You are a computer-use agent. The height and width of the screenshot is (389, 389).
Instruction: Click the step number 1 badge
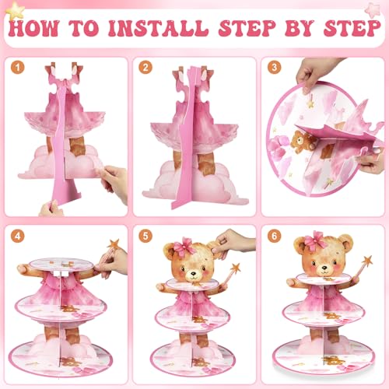(17, 68)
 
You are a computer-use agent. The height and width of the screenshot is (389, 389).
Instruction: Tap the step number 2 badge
(145, 68)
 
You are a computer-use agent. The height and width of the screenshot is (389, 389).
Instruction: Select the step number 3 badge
(274, 68)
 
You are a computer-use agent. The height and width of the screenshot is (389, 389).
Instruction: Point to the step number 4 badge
(17, 236)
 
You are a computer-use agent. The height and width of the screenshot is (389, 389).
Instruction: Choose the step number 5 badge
(145, 236)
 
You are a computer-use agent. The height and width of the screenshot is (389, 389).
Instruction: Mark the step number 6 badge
(274, 236)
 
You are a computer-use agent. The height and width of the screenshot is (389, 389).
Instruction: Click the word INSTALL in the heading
(159, 28)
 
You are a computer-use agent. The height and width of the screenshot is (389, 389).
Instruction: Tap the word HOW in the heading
(33, 28)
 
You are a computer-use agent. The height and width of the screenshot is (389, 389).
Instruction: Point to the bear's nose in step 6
(324, 268)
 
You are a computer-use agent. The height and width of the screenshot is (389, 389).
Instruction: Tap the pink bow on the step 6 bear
(314, 240)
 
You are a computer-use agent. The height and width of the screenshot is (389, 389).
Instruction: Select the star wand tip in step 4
(114, 244)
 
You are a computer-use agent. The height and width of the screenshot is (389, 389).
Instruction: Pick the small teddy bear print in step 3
(302, 142)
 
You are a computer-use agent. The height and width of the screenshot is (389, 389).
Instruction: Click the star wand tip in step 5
(236, 268)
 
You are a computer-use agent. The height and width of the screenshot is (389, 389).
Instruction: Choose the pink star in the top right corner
(373, 10)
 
